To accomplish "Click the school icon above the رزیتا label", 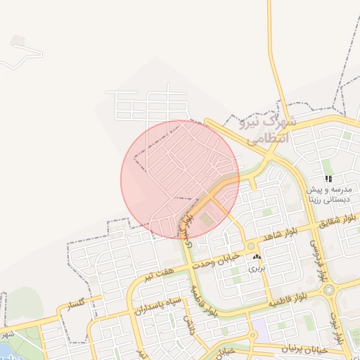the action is click(328, 179).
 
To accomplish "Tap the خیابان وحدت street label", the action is click(221, 259).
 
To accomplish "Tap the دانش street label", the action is click(188, 325).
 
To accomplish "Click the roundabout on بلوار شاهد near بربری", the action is click(250, 246).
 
